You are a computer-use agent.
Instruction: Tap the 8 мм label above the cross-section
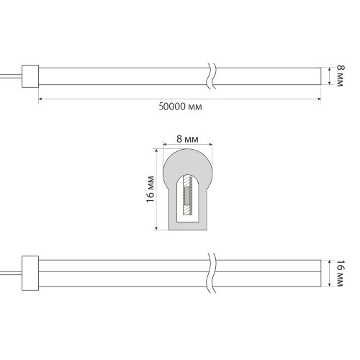(186, 138)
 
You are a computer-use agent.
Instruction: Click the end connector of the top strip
(31, 76)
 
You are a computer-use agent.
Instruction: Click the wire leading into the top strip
(11, 75)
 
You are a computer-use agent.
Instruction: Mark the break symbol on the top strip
(210, 75)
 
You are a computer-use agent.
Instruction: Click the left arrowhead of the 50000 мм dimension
(41, 97)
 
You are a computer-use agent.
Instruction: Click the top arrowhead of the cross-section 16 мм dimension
(156, 150)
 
